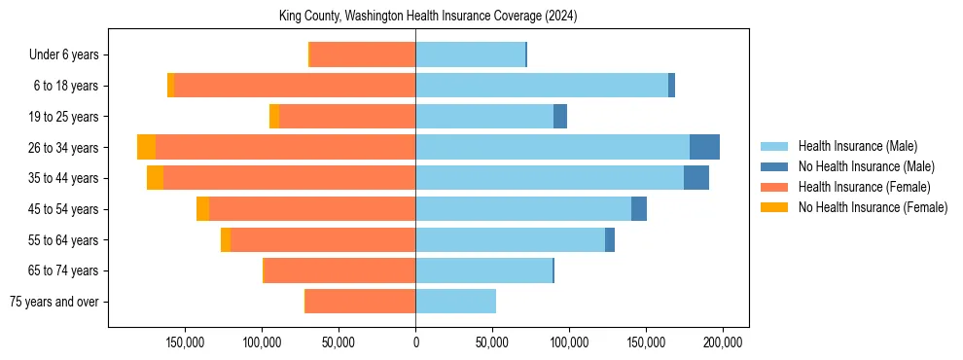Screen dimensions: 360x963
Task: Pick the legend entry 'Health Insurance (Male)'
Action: [857, 146]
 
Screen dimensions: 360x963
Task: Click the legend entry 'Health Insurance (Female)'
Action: [864, 187]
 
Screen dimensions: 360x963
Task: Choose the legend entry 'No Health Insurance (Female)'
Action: [873, 207]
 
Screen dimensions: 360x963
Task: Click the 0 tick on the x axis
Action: [415, 342]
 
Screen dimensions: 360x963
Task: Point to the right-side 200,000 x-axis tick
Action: [723, 342]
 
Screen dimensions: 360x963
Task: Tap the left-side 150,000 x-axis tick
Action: [185, 342]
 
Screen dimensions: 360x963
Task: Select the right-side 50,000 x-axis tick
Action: [492, 342]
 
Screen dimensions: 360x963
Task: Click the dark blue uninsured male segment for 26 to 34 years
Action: [704, 147]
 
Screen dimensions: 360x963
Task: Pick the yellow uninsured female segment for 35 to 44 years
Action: [155, 178]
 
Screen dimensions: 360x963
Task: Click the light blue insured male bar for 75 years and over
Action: [455, 302]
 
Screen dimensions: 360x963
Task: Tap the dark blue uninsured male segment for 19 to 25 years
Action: [560, 117]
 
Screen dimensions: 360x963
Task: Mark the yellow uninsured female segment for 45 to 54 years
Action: [202, 209]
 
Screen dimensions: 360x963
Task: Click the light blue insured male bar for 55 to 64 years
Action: [510, 240]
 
